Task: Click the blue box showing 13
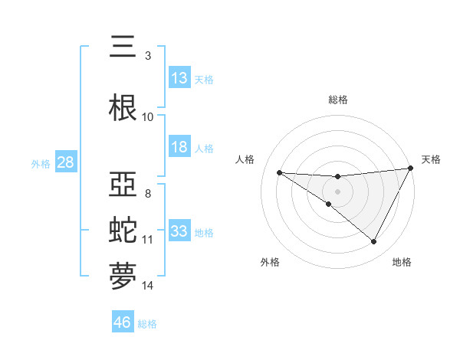point(179,78)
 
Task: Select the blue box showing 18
point(179,147)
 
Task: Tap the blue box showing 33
point(179,231)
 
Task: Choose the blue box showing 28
point(64,162)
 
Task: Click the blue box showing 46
point(123,322)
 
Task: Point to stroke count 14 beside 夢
point(148,286)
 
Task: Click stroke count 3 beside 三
point(147,56)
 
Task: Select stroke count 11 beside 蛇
point(148,240)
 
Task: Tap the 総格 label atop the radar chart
point(337,100)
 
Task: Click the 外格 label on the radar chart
point(270,262)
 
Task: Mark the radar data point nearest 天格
point(411,169)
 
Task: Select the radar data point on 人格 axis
point(280,172)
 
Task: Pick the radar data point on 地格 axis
point(374,242)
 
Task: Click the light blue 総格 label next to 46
point(147,324)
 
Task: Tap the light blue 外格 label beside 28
point(41,164)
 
